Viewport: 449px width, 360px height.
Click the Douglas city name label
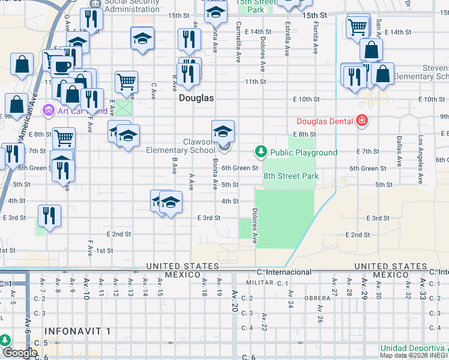click(x=196, y=97)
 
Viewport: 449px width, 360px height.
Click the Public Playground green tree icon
click(x=261, y=152)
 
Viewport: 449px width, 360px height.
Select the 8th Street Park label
click(x=291, y=176)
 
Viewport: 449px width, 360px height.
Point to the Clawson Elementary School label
click(x=180, y=146)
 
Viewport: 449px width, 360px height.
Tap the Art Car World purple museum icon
click(x=47, y=110)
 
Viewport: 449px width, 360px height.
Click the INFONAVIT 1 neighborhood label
click(x=77, y=331)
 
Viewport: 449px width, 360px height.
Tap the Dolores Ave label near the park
click(x=255, y=226)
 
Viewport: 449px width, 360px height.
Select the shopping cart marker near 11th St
click(x=126, y=81)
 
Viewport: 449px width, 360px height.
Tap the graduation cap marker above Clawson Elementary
click(x=223, y=131)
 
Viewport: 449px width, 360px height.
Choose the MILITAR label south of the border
click(x=259, y=282)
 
